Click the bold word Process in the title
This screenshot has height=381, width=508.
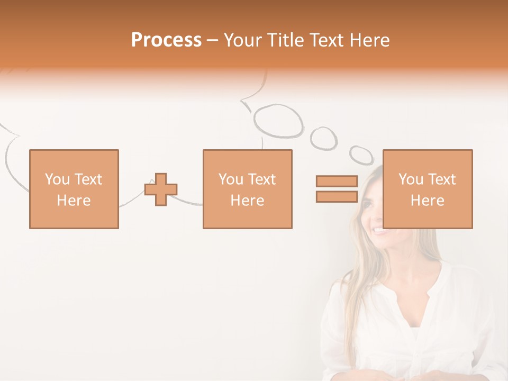(x=166, y=40)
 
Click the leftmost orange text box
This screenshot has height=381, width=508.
(x=74, y=189)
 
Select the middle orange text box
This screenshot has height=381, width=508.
(x=247, y=189)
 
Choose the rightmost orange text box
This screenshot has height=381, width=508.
(x=427, y=189)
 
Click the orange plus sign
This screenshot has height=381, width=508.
(x=161, y=189)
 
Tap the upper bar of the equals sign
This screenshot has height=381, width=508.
(x=337, y=181)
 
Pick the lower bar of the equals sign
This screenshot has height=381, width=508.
(x=337, y=196)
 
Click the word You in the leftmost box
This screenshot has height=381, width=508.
(x=57, y=179)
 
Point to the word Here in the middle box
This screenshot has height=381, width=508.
(x=247, y=201)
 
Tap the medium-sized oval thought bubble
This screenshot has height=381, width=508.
(x=323, y=138)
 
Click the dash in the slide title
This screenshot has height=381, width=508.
(x=212, y=40)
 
